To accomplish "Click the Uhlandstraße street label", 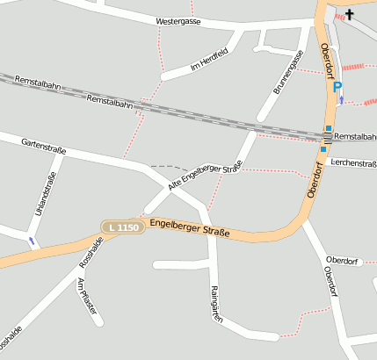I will pyautogui.click(x=46, y=194).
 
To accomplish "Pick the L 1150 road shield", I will pyautogui.click(x=121, y=227).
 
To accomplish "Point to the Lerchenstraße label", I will pyautogui.click(x=354, y=163).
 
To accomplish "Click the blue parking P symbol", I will pyautogui.click(x=338, y=86).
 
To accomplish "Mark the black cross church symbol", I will pyautogui.click(x=350, y=14).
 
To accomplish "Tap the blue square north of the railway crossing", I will pyautogui.click(x=329, y=128).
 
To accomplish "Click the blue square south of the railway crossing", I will pyautogui.click(x=323, y=149).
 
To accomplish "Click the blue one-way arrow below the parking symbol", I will pyautogui.click(x=342, y=100).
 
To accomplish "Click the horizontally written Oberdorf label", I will pyautogui.click(x=342, y=261).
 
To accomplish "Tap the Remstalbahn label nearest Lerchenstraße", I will pyautogui.click(x=356, y=137).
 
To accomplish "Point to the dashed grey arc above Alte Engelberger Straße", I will pyautogui.click(x=168, y=166).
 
